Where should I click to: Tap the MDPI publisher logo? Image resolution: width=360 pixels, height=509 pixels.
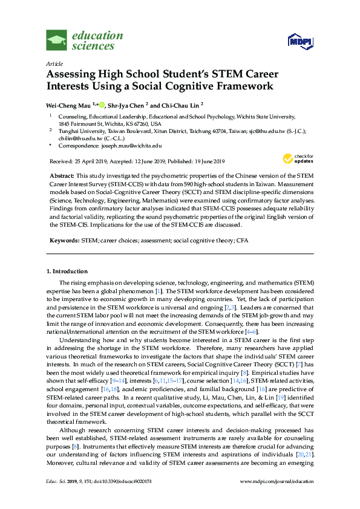pos(299,41)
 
